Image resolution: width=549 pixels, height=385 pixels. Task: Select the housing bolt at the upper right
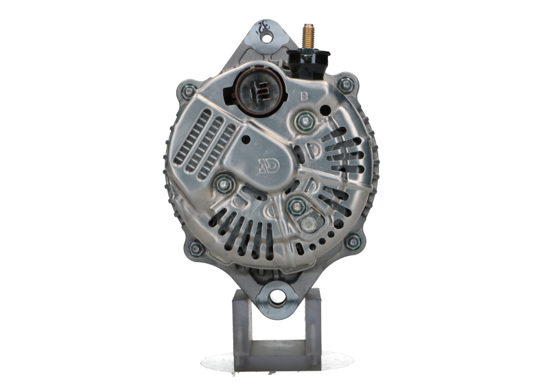click(346, 84)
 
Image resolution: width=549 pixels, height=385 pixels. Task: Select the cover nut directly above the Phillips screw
click(296, 205)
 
